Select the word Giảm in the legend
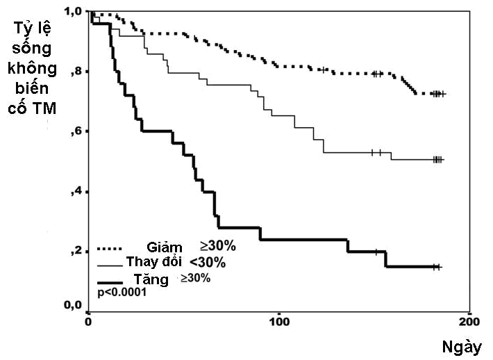coord(165,247)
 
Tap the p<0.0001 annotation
coord(122,293)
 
